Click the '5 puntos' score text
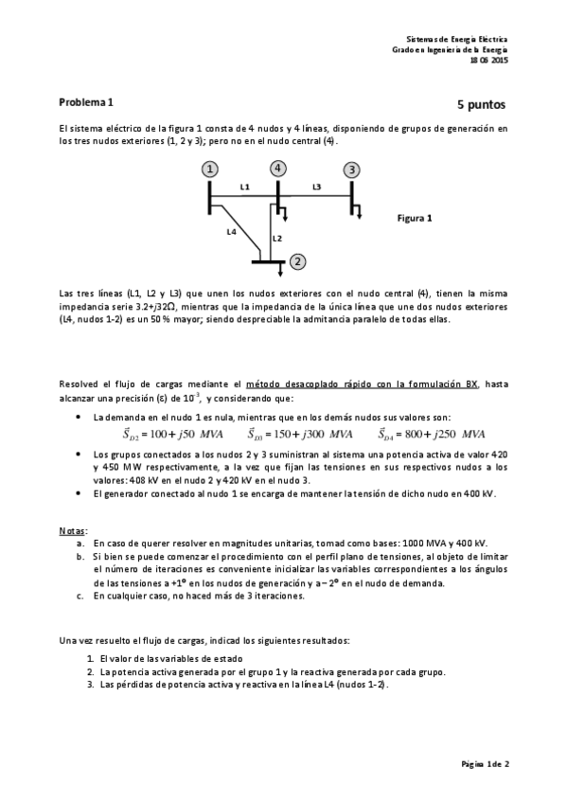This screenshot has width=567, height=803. (x=482, y=104)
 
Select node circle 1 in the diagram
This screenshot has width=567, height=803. (x=209, y=169)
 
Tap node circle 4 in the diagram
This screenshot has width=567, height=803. (x=277, y=169)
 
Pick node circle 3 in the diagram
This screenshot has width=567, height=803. (x=351, y=170)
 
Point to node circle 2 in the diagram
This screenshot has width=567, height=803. (x=297, y=261)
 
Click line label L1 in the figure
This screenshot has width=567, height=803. (x=244, y=187)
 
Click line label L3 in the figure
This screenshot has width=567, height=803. (x=316, y=187)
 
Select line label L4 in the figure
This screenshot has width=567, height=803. (x=232, y=230)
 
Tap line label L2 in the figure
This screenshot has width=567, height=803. (x=277, y=238)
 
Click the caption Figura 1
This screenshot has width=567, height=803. (x=414, y=217)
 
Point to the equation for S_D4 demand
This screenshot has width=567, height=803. (x=432, y=435)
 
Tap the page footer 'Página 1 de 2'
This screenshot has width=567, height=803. (x=485, y=762)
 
